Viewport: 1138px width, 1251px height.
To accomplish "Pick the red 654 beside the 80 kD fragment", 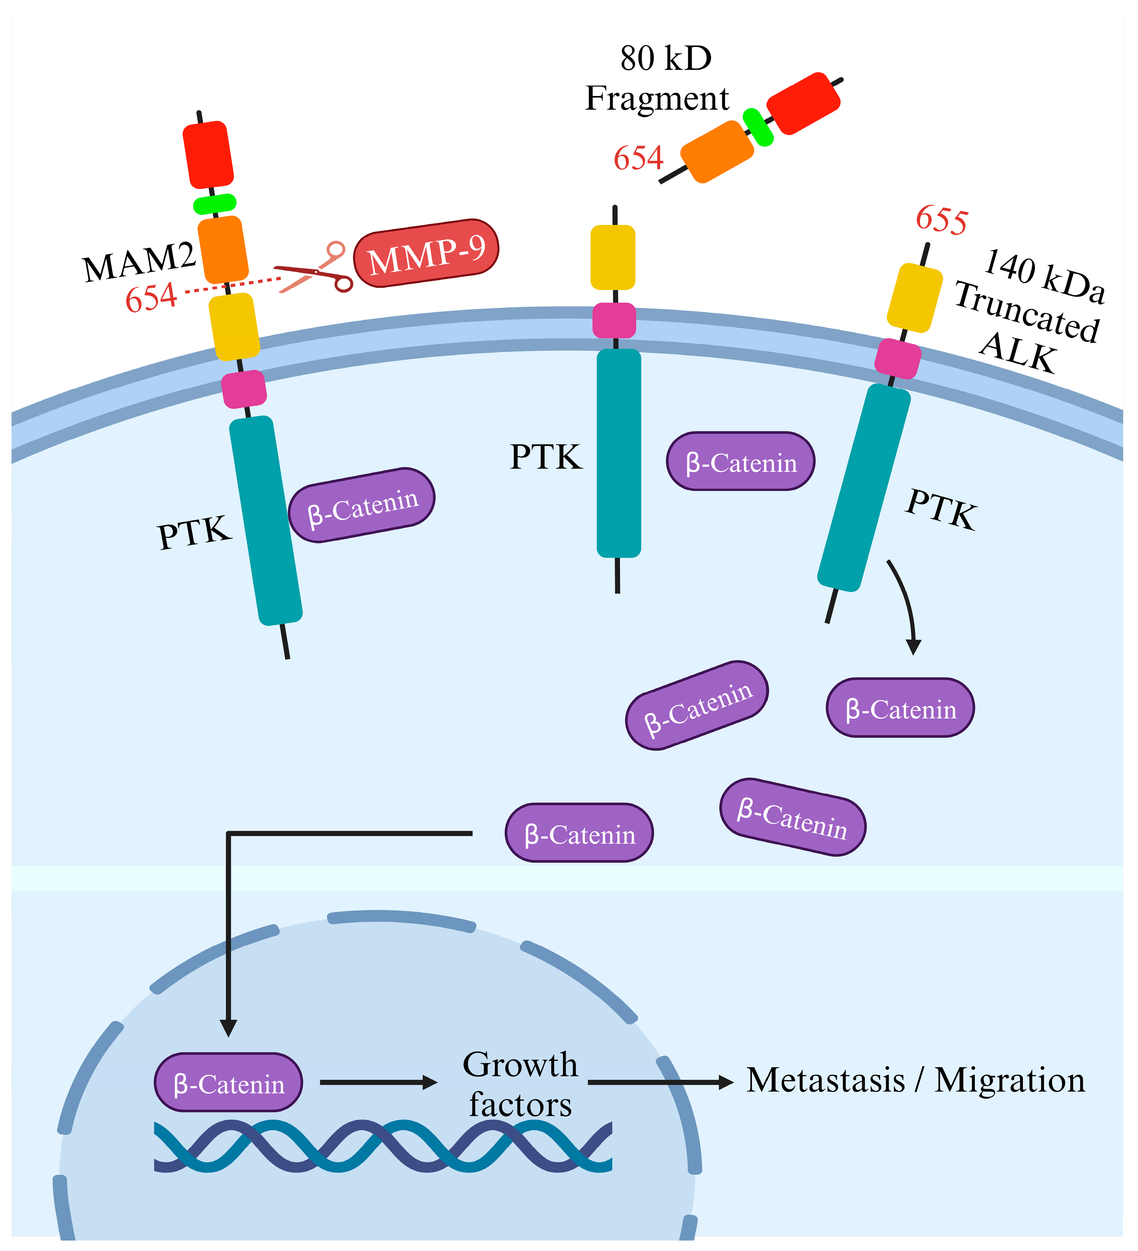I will click(638, 158).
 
